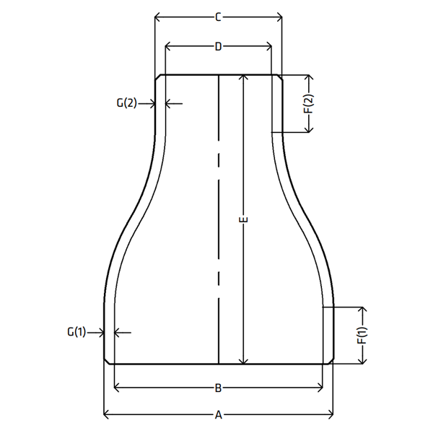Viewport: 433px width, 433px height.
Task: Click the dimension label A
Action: coord(219,415)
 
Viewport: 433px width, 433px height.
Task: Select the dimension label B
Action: coord(218,388)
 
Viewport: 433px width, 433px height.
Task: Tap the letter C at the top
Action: coord(218,17)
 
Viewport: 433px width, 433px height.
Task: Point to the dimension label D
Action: coord(219,47)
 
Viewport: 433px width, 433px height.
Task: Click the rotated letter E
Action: coord(243,220)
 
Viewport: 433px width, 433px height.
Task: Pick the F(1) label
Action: coord(362,336)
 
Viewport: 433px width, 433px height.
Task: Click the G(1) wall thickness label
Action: coord(76,332)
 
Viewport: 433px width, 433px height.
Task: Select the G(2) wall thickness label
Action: coord(126,103)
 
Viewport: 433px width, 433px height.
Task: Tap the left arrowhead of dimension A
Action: coord(106,415)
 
